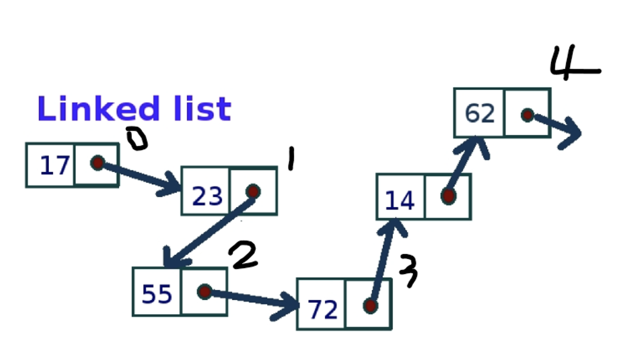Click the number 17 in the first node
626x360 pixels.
54,166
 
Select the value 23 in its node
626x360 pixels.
207,196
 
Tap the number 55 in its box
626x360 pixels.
157,294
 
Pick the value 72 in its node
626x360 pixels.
323,310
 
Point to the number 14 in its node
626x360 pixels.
400,201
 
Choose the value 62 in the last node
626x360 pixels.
480,114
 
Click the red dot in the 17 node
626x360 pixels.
97,162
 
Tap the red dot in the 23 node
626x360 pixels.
253,191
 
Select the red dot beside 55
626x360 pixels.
205,292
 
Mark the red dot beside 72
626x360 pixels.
370,306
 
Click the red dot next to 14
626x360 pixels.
448,196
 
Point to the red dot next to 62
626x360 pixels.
527,115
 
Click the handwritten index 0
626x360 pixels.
137,139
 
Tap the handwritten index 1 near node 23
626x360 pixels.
290,160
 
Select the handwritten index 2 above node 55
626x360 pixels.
243,255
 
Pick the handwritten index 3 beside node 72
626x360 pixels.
408,270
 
